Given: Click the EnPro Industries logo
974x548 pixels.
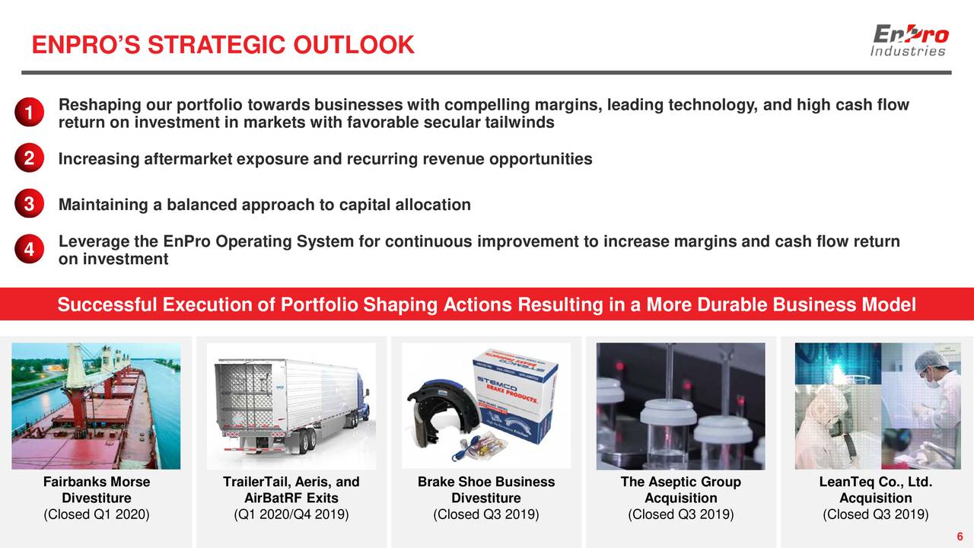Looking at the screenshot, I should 909,40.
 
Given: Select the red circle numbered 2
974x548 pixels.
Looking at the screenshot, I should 28,159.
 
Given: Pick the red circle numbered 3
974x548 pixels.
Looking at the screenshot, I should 28,205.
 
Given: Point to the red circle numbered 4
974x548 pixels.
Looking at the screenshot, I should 28,250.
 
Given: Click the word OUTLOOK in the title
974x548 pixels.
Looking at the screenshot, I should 354,46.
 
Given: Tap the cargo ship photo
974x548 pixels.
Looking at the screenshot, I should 96,405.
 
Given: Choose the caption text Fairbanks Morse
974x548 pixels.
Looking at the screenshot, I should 97,482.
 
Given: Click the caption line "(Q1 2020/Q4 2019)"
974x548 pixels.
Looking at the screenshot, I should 291,515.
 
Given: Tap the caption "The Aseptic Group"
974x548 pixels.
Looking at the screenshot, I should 680,482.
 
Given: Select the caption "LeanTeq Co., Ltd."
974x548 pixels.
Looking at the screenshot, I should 875,482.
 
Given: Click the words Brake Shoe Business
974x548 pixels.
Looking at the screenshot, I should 486,482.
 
